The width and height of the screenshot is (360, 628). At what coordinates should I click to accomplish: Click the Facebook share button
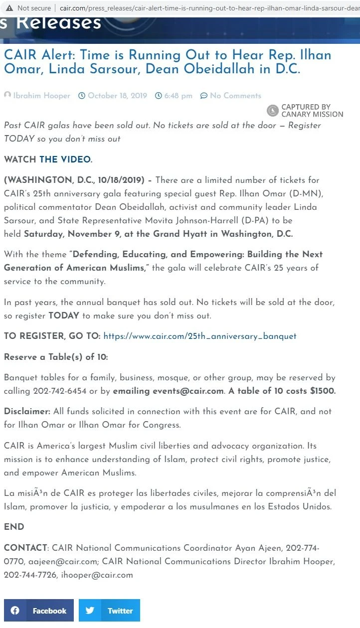point(39,611)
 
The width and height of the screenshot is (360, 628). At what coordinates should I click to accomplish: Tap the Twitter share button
point(109,611)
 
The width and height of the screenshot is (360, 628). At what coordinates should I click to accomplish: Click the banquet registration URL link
point(199,336)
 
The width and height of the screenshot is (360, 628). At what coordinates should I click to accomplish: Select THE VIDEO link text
point(65,160)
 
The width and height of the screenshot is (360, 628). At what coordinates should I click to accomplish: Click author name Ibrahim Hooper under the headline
point(41,96)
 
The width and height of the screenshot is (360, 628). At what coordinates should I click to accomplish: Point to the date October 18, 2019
point(117,96)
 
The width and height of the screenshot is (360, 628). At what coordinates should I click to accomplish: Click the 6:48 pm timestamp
point(178,96)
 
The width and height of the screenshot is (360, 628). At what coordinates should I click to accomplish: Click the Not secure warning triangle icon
point(9,8)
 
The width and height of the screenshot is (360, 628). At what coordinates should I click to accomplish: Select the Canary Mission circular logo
point(273,111)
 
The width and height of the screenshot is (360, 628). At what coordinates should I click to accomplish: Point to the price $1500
point(323,391)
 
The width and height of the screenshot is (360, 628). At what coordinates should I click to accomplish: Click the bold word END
point(14,527)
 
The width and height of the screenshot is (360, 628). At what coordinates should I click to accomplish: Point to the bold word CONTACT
point(25,548)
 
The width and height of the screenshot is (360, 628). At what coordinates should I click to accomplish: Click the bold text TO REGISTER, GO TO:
point(52,336)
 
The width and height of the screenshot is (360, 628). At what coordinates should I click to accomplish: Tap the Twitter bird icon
point(90,611)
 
